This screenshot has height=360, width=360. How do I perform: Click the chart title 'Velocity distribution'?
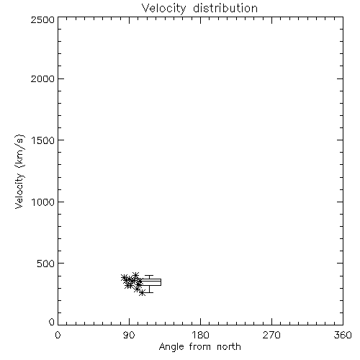199,9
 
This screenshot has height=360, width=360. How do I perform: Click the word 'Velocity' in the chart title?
163,9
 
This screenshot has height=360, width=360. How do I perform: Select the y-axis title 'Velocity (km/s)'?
19,171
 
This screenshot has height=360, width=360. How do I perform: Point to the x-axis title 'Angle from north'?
199,347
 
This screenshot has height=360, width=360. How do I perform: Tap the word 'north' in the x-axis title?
229,347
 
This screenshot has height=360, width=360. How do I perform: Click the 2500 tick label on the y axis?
42,19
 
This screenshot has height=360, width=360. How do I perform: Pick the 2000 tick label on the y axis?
42,78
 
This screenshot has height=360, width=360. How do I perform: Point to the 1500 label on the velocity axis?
43,140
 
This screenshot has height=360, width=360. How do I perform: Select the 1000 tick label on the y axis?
43,202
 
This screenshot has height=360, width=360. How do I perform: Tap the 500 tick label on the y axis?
46,264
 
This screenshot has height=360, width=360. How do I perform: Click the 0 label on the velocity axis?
52,322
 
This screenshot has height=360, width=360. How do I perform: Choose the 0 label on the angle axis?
58,335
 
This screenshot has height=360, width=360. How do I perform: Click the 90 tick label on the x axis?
129,335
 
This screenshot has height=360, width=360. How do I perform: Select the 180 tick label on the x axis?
200,335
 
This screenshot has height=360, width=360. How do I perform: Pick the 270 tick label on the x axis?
271,335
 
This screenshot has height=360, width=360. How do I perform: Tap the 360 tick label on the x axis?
343,335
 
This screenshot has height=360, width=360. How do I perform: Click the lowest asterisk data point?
142,293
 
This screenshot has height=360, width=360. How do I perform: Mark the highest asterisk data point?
135,275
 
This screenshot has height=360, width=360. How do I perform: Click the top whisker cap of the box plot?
149,276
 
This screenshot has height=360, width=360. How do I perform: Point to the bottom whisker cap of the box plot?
149,292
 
